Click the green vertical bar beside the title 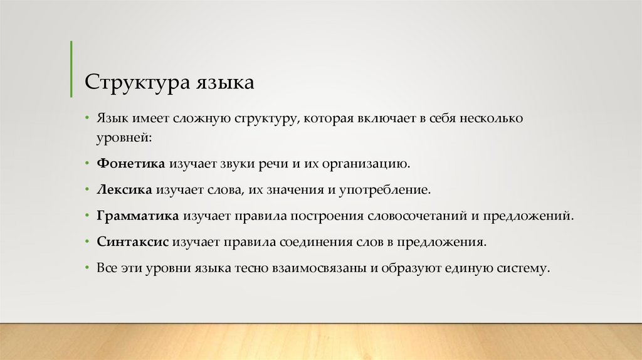(x=71, y=69)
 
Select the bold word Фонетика (x=130, y=164)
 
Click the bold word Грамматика (x=138, y=215)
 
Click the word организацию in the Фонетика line (x=366, y=164)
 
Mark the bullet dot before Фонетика (x=88, y=164)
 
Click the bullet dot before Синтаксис (x=88, y=241)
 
